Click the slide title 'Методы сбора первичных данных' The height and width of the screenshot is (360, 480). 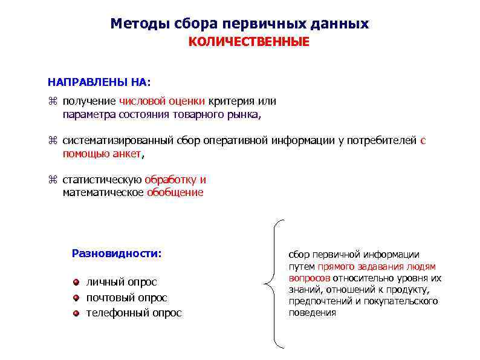point(239,24)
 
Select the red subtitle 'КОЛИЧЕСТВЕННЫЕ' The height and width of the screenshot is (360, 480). point(248,42)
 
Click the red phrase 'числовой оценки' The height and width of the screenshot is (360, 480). point(162,101)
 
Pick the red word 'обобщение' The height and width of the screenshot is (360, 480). point(175,192)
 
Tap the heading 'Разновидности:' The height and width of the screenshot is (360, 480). point(117,253)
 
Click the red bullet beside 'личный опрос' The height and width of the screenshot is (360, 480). point(76,282)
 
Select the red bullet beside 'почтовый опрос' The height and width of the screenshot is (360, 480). point(76,298)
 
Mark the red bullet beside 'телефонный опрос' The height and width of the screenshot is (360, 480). point(76,313)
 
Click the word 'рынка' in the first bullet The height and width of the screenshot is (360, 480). point(248,114)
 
